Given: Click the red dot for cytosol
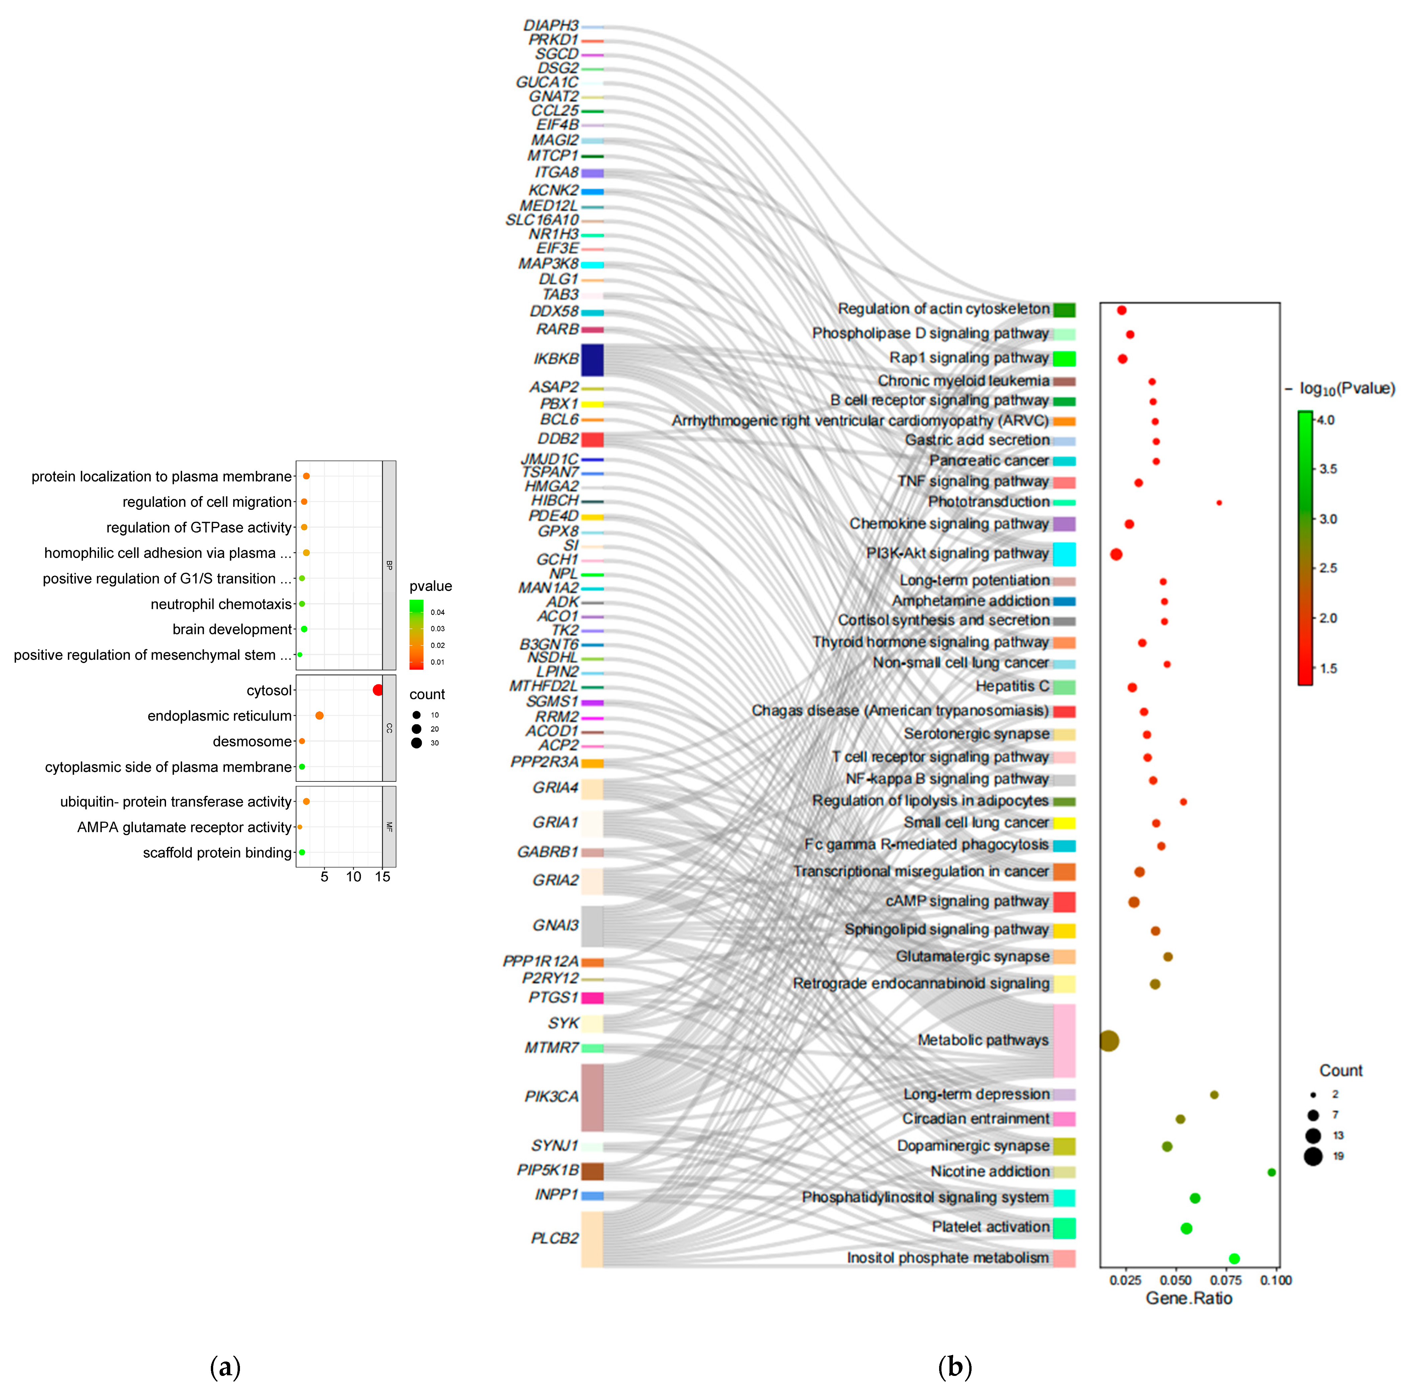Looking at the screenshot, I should [378, 690].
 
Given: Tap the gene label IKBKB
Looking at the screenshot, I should [556, 359].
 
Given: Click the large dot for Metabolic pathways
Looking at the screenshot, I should [1109, 1041].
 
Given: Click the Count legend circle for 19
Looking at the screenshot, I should [1313, 1156].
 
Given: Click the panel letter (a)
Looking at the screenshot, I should [225, 1367].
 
